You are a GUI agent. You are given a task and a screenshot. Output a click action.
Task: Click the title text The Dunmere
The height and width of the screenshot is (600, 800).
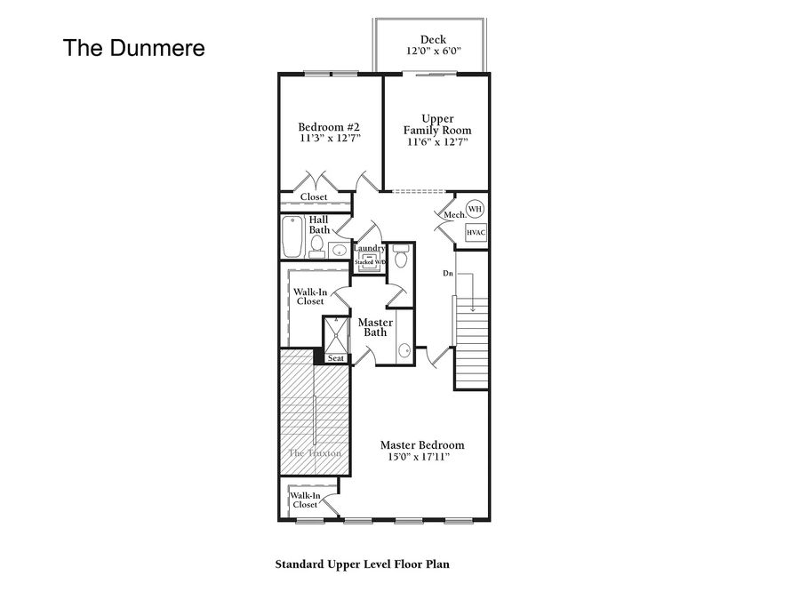(133, 48)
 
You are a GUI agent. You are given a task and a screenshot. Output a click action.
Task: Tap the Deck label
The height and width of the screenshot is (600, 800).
(433, 39)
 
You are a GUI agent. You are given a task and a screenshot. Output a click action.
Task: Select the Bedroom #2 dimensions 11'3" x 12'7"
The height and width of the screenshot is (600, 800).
(330, 139)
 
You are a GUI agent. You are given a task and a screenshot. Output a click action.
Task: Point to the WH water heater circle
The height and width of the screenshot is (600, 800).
(475, 209)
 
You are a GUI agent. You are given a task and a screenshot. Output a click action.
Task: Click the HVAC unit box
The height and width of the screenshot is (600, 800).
(476, 232)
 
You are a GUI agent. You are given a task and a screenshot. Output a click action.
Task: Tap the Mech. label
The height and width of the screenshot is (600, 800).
(455, 215)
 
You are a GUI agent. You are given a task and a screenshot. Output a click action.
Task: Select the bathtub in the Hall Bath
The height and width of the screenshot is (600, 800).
(292, 236)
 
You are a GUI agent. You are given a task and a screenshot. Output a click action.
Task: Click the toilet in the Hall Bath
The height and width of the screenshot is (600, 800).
(316, 247)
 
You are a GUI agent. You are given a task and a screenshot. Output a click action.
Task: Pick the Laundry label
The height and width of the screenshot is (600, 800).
(370, 248)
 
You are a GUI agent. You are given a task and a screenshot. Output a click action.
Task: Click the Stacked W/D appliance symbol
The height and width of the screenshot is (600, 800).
(371, 263)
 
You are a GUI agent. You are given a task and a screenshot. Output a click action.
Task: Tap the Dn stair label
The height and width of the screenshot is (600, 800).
(447, 274)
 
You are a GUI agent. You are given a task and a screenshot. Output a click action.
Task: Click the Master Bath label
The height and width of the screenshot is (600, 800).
(375, 327)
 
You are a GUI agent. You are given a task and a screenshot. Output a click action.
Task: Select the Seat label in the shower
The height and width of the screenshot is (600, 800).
(336, 358)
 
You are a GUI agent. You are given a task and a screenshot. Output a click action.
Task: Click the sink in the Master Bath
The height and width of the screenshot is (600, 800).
(404, 350)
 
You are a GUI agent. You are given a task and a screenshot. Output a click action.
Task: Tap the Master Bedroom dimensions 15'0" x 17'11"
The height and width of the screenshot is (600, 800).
(419, 457)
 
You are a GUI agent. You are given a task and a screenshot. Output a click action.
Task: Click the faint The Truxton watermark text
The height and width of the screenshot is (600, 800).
(315, 453)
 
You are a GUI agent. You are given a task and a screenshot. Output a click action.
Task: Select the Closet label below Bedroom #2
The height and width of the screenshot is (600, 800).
(314, 197)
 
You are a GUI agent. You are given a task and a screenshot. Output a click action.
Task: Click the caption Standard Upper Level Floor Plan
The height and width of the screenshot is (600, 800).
(363, 564)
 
